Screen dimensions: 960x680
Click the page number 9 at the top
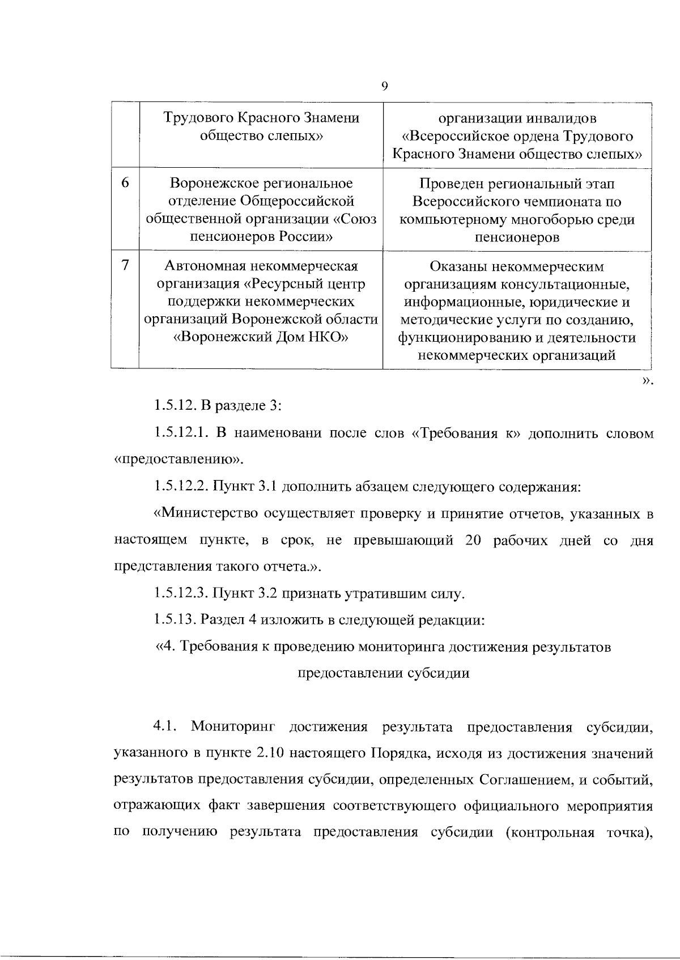(x=384, y=86)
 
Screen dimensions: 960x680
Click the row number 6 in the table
(x=125, y=183)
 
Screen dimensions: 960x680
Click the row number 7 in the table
(x=125, y=265)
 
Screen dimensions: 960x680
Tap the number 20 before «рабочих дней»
(x=473, y=540)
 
